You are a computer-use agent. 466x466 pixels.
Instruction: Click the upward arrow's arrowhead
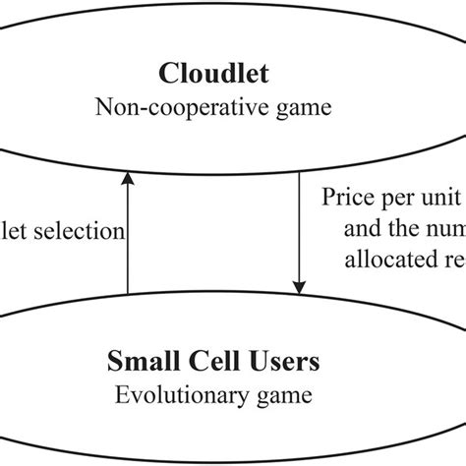[128, 179]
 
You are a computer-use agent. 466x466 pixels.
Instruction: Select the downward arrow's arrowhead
[298, 286]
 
